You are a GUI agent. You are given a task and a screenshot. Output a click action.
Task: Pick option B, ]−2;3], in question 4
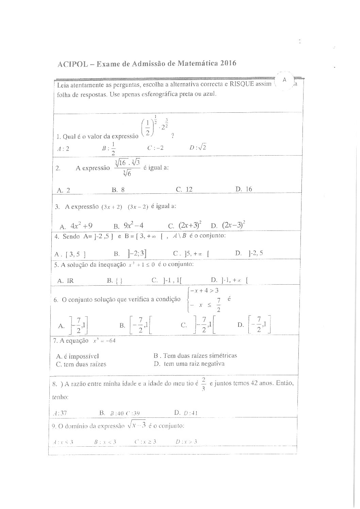coord(133,253)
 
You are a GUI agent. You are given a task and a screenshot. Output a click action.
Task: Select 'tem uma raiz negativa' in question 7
coord(194,364)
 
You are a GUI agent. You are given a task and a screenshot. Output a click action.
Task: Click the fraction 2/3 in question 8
coord(203,383)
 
